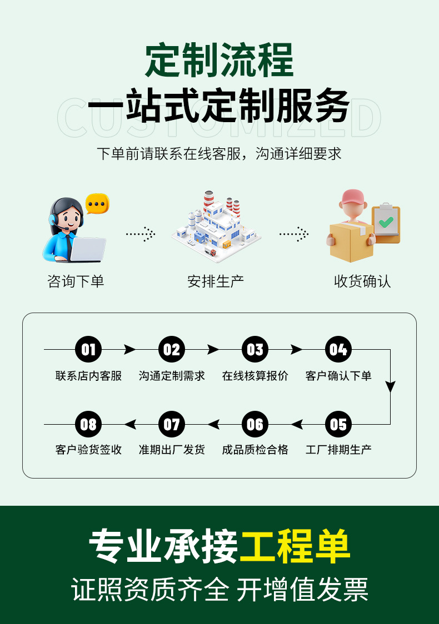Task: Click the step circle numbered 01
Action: click(88, 350)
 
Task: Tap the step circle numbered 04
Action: click(338, 350)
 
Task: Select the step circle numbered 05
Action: click(338, 425)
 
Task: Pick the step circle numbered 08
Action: click(88, 425)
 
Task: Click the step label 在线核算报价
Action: click(255, 376)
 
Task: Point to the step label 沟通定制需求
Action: click(172, 376)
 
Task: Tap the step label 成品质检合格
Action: click(255, 450)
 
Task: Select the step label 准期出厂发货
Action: click(172, 450)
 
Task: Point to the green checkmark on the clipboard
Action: click(386, 223)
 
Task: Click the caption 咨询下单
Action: click(76, 281)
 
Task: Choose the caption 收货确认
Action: click(362, 281)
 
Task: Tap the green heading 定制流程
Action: click(219, 61)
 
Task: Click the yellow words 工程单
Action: click(295, 546)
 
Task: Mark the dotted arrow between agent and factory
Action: click(140, 234)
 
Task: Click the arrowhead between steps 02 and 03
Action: click(213, 350)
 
